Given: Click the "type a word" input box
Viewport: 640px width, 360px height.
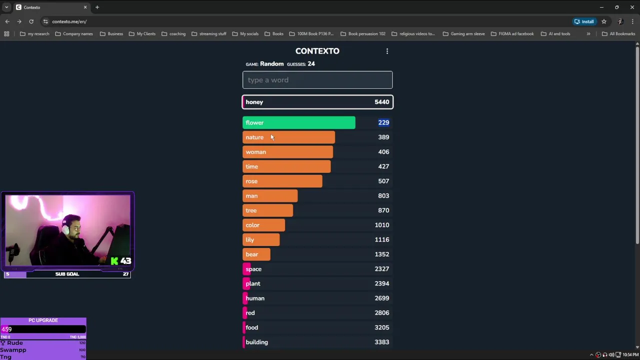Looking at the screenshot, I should point(317,80).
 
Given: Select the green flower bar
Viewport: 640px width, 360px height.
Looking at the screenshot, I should point(298,122).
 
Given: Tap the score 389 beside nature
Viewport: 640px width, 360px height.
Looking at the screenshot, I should point(383,137).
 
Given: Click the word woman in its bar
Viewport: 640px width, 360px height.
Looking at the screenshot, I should point(255,152).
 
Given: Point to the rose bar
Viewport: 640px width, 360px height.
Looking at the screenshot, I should point(282,181).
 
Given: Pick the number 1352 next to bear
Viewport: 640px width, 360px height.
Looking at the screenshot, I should point(381,254).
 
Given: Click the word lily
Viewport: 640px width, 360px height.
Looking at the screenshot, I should point(250,239).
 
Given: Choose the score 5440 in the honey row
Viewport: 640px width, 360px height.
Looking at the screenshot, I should point(381,102).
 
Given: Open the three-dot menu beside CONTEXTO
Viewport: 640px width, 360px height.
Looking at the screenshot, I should point(387,51).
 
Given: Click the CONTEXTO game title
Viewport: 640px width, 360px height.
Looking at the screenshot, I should point(317,51).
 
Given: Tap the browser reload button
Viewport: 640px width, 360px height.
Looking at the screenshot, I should point(31,21).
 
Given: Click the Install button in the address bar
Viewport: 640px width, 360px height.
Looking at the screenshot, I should point(584,21).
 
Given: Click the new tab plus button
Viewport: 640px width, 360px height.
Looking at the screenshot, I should point(97,7).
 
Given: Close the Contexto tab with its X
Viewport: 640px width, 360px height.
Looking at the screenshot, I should point(85,7).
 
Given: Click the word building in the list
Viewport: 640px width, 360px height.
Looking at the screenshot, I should point(256,342).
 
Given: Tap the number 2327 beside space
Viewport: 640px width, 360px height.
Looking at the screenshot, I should point(381,269).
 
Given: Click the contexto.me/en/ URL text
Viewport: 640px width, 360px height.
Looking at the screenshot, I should point(69,21).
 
